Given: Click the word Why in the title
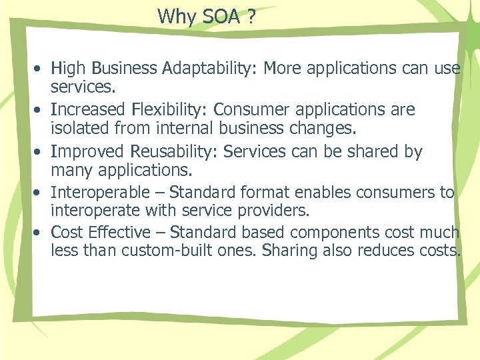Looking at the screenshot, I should (x=175, y=17).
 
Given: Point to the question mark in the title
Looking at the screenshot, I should (x=251, y=17).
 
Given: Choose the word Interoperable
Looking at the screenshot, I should (x=101, y=193).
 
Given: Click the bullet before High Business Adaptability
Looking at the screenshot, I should (x=40, y=69).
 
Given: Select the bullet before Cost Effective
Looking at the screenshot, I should (x=40, y=233).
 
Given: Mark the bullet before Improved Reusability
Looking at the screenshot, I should (x=40, y=153).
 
